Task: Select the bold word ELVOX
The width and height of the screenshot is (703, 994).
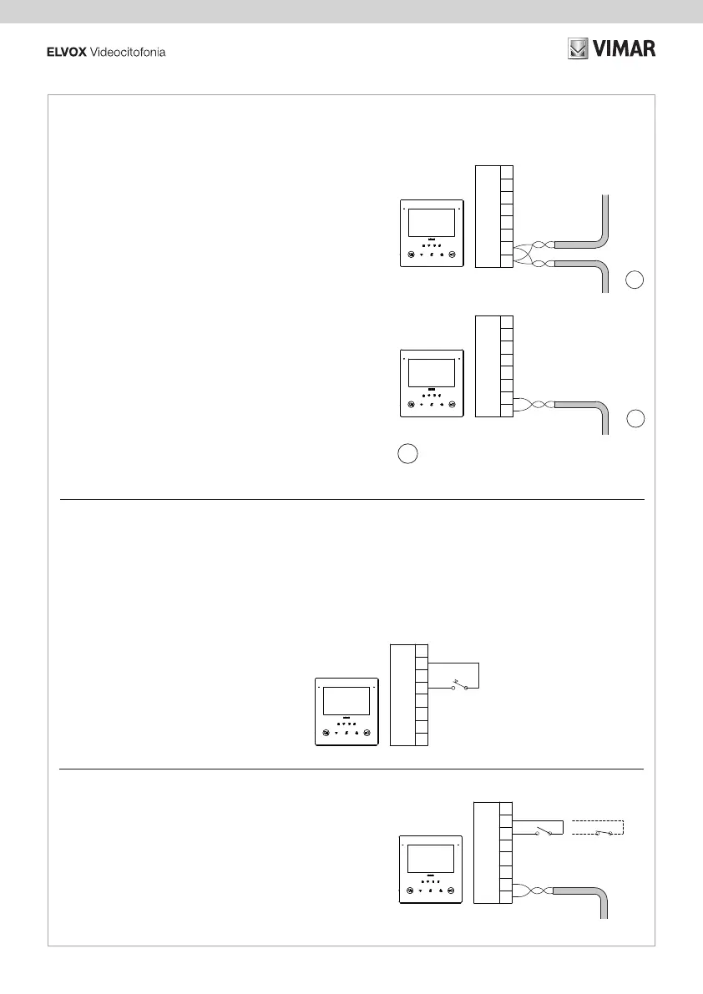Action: tap(62, 53)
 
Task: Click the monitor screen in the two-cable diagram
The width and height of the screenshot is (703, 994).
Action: tap(431, 223)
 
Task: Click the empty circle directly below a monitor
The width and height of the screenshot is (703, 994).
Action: tap(406, 454)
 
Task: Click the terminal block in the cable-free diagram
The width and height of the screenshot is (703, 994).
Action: tap(409, 694)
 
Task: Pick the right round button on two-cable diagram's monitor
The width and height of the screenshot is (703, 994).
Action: tap(452, 255)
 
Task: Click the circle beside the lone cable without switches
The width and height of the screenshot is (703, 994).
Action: tap(635, 419)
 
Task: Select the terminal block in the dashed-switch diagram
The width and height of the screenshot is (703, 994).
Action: tap(493, 851)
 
